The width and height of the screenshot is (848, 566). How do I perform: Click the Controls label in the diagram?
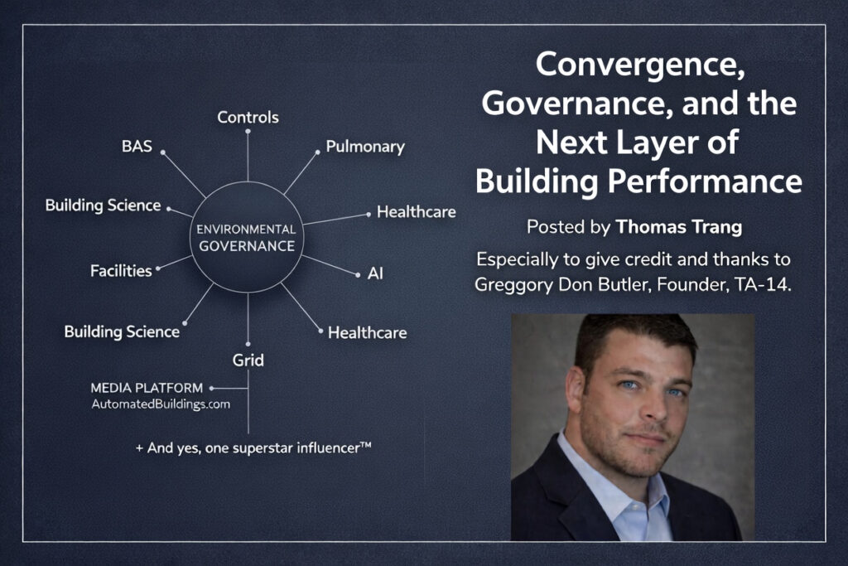tap(248, 117)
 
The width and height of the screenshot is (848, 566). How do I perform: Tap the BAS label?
tap(137, 146)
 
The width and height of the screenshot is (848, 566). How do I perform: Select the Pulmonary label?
tap(365, 147)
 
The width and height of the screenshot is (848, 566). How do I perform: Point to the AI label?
tap(375, 273)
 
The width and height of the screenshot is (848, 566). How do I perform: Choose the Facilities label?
tap(121, 270)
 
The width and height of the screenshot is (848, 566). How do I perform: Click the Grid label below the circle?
tap(248, 360)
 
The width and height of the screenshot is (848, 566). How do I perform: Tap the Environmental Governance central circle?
tap(247, 237)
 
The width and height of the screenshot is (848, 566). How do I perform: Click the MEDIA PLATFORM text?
tap(147, 388)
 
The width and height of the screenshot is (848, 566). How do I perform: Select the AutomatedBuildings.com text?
tap(161, 404)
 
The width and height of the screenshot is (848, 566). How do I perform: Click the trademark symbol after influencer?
tap(365, 445)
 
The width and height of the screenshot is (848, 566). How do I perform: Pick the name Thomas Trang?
tap(679, 227)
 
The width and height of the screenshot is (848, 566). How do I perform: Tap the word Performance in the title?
tap(705, 181)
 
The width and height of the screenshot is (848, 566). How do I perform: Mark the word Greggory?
tap(513, 285)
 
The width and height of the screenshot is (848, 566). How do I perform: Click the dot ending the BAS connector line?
tap(163, 152)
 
